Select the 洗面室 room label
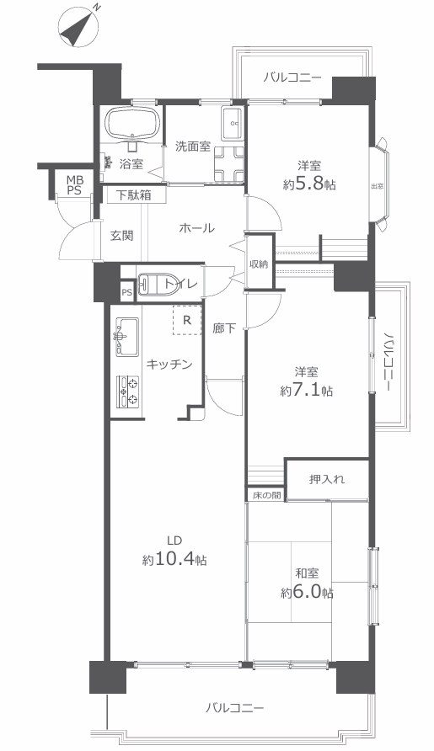193,146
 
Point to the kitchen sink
127,337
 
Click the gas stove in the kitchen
128,391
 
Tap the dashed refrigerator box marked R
187,320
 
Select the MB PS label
74,185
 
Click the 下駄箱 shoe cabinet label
134,195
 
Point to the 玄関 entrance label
122,236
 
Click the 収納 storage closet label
259,264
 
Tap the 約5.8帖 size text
308,184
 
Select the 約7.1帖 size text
307,391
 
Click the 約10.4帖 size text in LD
174,559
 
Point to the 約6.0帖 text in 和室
307,593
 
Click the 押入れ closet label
327,479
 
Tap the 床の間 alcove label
266,495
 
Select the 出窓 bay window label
377,186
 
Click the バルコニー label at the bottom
234,708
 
